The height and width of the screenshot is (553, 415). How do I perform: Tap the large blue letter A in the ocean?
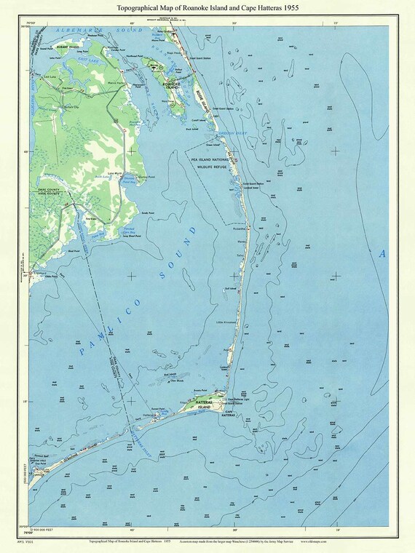coord(382,253)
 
